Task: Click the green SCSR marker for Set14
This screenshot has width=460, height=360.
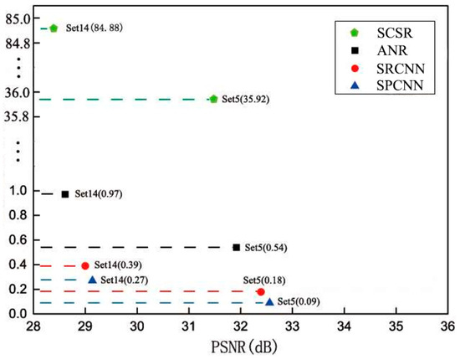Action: coord(54,28)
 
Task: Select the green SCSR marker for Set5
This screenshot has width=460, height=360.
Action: coord(213,99)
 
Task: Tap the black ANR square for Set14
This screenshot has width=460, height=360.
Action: coord(65,194)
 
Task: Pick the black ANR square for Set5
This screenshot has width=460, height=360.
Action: coord(237,248)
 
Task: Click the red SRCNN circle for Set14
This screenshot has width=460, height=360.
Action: coord(84,265)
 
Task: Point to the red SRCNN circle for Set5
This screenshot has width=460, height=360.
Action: coord(261,292)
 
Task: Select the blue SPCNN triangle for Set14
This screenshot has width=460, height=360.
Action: coord(91,280)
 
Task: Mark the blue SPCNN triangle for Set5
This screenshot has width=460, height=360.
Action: coord(269,301)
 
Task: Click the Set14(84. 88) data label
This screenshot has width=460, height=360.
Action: coord(94,28)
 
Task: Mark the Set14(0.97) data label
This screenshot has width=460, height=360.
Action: coord(100,194)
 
